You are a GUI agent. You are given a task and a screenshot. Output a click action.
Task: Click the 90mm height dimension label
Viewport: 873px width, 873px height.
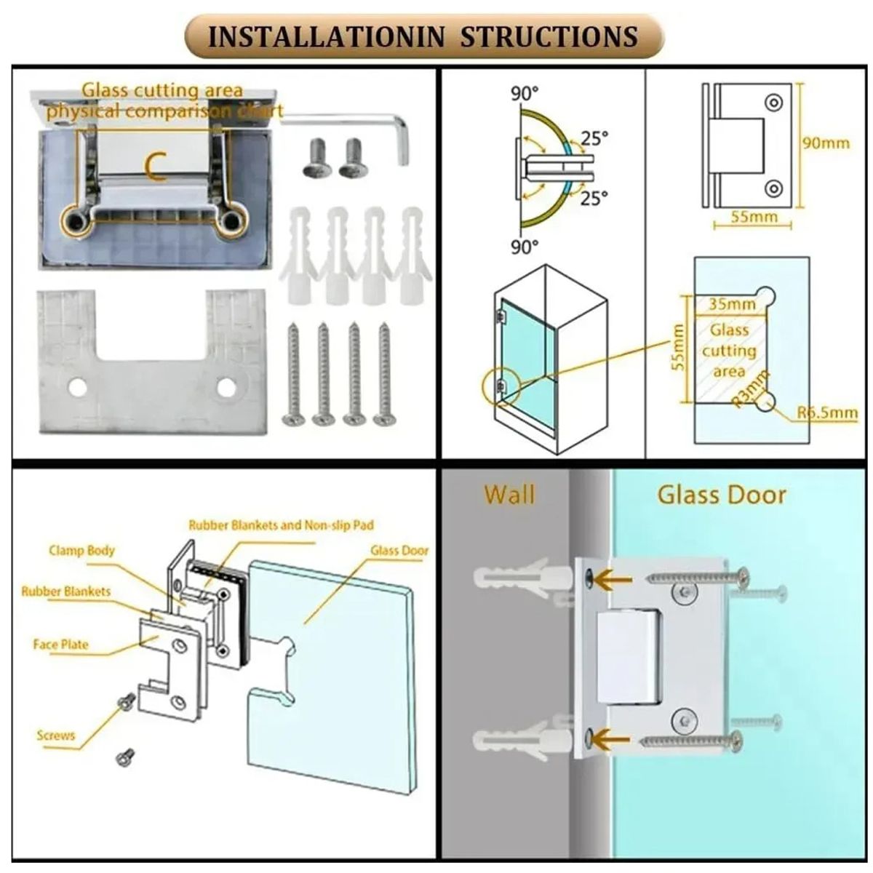[826, 143]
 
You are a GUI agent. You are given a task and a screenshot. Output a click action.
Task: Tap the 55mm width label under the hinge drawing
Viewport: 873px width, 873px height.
[754, 217]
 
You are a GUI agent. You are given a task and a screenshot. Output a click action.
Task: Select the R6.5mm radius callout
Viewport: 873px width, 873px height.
[827, 412]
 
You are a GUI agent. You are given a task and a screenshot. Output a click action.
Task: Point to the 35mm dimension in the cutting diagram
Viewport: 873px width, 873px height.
[732, 303]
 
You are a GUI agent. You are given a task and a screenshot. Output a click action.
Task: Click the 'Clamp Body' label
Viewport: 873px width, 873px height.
[81, 551]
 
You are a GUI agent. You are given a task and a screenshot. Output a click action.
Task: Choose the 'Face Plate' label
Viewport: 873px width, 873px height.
[60, 645]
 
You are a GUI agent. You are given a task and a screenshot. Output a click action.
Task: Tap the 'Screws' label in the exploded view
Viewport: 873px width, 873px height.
[55, 735]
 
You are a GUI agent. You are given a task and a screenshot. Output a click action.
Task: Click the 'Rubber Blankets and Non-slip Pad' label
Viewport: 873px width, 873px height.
[281, 525]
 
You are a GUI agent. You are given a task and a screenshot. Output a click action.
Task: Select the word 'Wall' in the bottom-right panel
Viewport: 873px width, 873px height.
[510, 494]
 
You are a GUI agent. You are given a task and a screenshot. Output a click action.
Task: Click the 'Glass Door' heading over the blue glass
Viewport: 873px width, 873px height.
[722, 495]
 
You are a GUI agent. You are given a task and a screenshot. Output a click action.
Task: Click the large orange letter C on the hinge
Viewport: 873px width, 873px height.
[156, 166]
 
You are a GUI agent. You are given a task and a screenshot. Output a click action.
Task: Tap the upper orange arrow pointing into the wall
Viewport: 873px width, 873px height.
[613, 578]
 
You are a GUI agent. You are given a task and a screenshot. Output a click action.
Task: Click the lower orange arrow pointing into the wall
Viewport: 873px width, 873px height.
[611, 739]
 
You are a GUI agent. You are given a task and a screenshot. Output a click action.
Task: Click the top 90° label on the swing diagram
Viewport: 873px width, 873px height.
[525, 94]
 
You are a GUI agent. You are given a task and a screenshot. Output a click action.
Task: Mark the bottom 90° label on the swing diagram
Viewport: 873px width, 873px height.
[525, 247]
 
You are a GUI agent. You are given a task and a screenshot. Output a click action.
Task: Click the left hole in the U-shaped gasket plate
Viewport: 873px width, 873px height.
[77, 386]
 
